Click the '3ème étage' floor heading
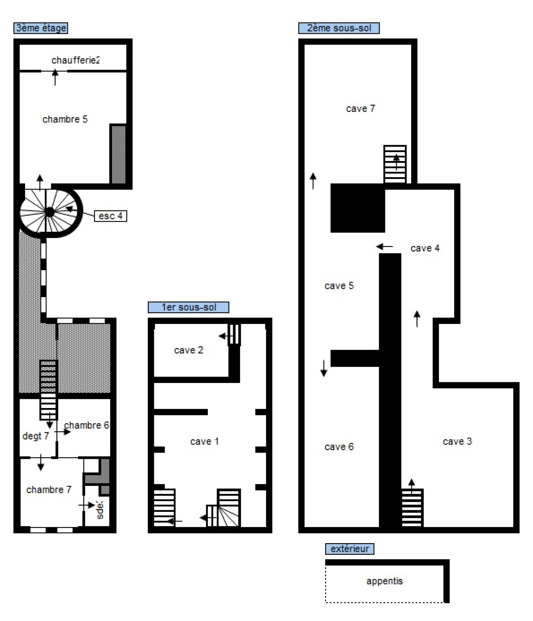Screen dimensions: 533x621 coord(41,28)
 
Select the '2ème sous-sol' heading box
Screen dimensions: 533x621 coord(339,28)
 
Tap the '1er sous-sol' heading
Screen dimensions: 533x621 coord(189,307)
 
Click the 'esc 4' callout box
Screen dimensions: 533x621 coord(111,216)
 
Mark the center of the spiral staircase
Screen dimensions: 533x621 coord(49,212)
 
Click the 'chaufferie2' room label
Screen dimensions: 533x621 coord(76,60)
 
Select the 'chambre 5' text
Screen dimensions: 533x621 coord(65,119)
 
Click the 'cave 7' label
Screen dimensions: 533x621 coord(360,108)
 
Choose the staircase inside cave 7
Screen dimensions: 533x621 coord(395,164)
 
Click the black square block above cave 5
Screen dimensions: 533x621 coord(358,208)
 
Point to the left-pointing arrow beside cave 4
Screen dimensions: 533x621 coord(385,247)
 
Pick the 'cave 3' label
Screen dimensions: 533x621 coord(457,441)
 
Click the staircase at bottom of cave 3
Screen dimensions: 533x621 coord(412,508)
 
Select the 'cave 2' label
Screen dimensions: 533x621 coord(189,350)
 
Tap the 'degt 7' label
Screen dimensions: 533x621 coord(36,436)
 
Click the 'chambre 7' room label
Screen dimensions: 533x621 coord(49,490)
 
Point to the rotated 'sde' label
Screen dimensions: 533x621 coord(100,510)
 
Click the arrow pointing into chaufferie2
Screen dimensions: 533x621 coord(55,77)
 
